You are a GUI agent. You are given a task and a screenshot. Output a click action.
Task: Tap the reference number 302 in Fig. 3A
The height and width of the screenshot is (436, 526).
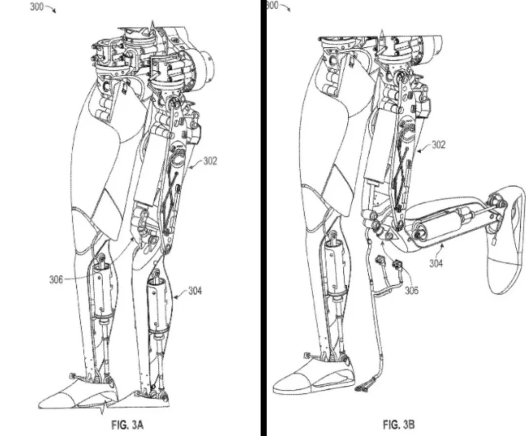click(x=210, y=161)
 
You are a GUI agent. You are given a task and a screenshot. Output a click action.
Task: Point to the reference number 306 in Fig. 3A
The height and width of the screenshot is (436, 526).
click(x=56, y=280)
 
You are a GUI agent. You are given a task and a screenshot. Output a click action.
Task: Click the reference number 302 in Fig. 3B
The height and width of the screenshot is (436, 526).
click(x=438, y=145)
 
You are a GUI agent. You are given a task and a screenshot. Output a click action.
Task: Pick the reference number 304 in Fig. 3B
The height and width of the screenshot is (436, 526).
click(x=436, y=263)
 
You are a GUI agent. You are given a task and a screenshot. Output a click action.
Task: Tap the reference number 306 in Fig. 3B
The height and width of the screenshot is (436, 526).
click(x=412, y=291)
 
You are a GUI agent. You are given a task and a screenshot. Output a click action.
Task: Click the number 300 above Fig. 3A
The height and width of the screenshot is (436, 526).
click(x=38, y=7)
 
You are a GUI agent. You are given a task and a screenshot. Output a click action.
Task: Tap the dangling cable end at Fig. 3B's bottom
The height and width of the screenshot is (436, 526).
click(x=363, y=388)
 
